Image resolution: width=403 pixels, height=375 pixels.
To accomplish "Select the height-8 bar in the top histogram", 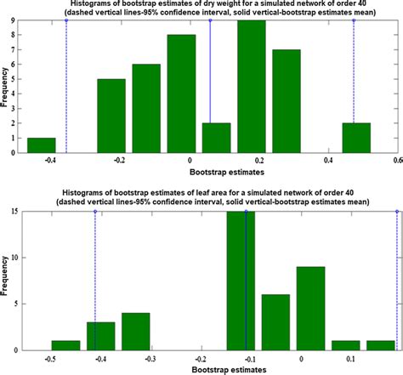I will tap(181, 94).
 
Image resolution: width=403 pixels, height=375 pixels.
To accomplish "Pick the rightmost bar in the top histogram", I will tap(356, 138).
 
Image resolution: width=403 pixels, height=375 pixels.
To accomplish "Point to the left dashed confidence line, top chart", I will tap(66, 85).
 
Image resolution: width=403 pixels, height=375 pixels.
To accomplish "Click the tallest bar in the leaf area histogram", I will tap(241, 281).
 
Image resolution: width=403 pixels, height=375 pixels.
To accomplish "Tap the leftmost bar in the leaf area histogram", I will tap(65, 345).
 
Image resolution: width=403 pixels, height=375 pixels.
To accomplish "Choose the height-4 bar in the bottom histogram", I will tap(136, 331).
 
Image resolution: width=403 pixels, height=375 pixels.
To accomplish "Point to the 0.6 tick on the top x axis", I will tap(396, 160).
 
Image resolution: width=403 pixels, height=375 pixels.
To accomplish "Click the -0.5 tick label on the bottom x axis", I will tap(52, 359).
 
